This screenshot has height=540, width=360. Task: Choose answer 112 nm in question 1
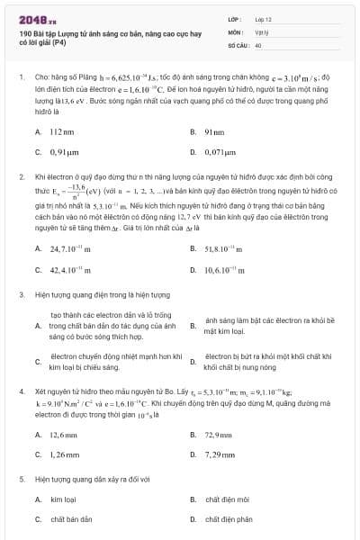(x=61, y=131)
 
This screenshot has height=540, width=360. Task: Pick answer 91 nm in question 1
(x=214, y=131)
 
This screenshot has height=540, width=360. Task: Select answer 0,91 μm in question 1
(x=65, y=153)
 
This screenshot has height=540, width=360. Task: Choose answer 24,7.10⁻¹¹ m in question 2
(x=70, y=247)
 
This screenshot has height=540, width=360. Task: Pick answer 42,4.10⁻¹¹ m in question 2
(x=70, y=269)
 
